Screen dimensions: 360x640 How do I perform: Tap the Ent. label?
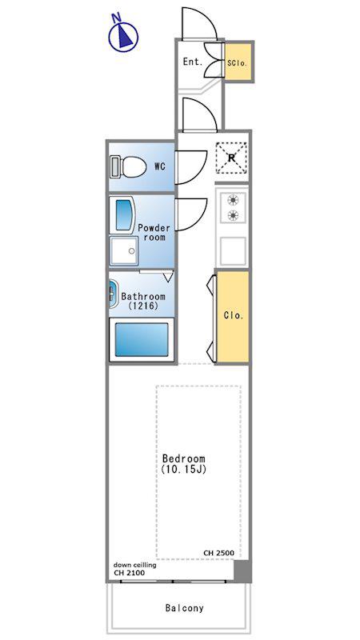click(x=193, y=62)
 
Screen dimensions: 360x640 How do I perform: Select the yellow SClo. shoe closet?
click(x=238, y=62)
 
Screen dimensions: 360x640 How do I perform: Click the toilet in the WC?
click(x=128, y=166)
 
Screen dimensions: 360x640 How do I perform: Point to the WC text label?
click(x=160, y=166)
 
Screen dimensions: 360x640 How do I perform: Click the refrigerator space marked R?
click(x=231, y=158)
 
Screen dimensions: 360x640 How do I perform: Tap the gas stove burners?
click(x=233, y=207)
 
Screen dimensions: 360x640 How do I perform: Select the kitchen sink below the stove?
click(x=233, y=250)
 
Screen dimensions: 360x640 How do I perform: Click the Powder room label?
click(x=154, y=232)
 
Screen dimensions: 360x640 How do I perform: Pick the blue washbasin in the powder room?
click(x=124, y=215)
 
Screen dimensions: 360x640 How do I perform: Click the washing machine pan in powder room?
click(x=124, y=250)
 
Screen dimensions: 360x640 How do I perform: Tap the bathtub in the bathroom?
click(x=142, y=339)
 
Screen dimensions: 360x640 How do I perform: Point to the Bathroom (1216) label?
click(x=143, y=301)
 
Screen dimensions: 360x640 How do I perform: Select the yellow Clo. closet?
click(x=233, y=316)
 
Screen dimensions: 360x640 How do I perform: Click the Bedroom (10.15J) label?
click(x=184, y=464)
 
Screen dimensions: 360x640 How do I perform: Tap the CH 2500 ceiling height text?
click(x=218, y=553)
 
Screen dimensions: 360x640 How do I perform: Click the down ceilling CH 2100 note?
click(x=134, y=569)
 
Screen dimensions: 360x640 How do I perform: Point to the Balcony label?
click(x=185, y=608)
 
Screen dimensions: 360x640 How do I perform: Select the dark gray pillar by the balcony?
click(x=242, y=570)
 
